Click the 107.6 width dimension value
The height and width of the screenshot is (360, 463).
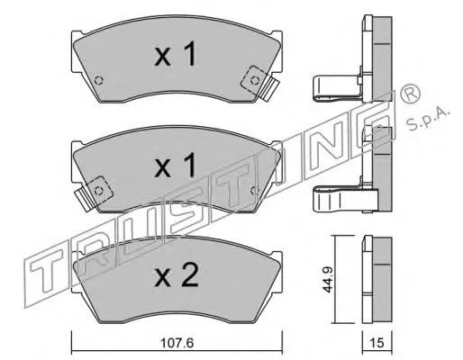tap(177, 343)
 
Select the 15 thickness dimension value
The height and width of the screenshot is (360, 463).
tap(377, 343)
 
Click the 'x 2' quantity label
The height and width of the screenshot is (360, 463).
tap(177, 274)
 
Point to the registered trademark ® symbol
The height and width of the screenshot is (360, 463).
tap(410, 94)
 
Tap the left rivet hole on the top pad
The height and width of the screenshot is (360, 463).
tap(98, 80)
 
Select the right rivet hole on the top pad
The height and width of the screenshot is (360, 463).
tap(255, 80)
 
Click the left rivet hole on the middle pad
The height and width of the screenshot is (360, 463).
tap(98, 191)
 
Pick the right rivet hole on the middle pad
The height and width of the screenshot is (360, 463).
tap(254, 190)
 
